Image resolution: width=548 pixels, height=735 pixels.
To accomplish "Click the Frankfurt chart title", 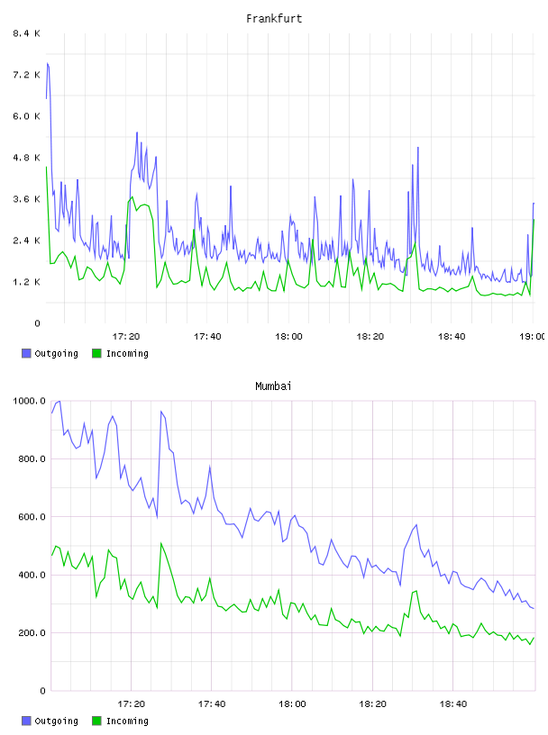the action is tap(274, 19).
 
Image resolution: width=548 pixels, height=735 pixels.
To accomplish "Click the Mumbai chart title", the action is tap(273, 386).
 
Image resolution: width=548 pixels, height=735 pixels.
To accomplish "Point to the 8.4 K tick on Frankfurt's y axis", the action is tap(27, 33).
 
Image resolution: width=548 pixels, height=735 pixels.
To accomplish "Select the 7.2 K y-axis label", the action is tap(27, 75).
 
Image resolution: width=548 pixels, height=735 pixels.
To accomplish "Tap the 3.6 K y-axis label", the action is tap(27, 199).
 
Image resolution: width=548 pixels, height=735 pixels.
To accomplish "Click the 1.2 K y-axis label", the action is tap(27, 282).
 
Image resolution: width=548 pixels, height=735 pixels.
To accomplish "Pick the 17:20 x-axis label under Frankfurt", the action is tap(126, 337).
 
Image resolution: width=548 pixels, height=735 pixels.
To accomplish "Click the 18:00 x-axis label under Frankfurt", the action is tap(289, 337).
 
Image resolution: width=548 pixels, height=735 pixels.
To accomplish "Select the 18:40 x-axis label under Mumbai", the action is tap(453, 704).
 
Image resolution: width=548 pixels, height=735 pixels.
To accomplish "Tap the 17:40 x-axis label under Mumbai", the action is tap(212, 704).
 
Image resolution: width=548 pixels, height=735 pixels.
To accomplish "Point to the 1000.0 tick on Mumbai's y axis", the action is tap(29, 401).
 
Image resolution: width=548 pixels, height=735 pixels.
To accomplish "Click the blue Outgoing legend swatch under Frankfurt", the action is tap(26, 353).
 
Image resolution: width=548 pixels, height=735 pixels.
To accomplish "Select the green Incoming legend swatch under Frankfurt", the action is tap(96, 353).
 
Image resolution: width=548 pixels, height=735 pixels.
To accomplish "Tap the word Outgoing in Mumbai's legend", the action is tap(56, 721).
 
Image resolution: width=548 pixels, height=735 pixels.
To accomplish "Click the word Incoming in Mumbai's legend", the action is tap(127, 721).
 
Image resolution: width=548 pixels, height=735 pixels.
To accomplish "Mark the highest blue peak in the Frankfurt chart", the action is tap(48, 63).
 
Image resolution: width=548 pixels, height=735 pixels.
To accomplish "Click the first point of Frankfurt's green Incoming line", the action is tap(47, 167).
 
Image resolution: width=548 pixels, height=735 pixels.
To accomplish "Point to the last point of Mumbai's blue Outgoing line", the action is tap(534, 608).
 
